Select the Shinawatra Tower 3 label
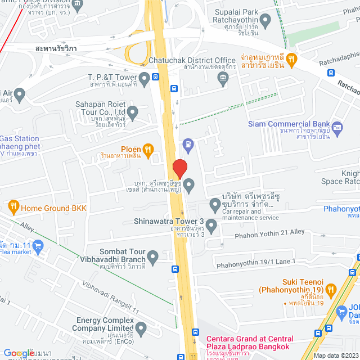click(168, 221)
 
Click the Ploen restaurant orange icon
click(148, 149)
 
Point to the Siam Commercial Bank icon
click(337, 128)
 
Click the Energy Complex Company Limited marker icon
click(141, 328)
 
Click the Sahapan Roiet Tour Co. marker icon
click(133, 114)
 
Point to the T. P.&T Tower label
click(112, 76)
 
